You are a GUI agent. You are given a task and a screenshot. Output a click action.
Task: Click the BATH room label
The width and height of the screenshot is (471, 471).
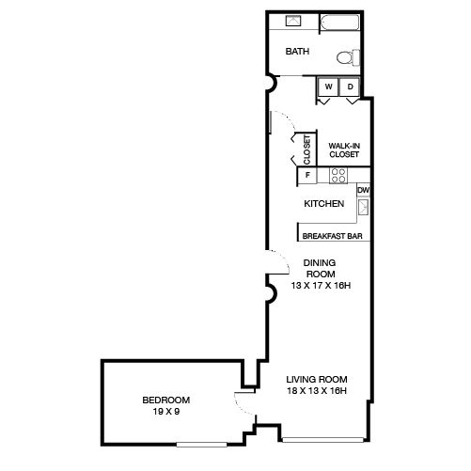[297, 51]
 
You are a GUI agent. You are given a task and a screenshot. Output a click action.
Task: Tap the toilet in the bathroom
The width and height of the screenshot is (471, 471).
[348, 57]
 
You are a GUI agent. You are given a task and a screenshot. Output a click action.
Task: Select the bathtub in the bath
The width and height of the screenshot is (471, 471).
[339, 23]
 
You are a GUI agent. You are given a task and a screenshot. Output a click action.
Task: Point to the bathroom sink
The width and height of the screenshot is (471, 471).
[293, 21]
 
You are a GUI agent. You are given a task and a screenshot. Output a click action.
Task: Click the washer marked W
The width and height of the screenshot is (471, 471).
[328, 86]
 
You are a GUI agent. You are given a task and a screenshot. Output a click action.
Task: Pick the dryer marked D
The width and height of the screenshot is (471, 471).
[350, 86]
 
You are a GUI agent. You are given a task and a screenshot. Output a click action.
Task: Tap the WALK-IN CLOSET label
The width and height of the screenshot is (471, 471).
[344, 150]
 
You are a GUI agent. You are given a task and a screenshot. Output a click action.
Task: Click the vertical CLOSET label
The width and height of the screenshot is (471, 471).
[306, 149]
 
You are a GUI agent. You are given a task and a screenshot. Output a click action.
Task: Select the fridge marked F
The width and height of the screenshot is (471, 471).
[307, 175]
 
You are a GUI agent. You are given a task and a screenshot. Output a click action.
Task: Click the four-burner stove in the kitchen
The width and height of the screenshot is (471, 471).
[338, 176]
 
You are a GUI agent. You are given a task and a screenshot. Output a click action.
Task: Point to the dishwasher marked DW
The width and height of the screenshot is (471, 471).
[364, 190]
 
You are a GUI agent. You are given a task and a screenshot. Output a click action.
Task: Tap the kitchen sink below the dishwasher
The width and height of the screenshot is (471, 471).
[364, 207]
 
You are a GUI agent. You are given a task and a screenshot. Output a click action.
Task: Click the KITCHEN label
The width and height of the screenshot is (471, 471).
[324, 204]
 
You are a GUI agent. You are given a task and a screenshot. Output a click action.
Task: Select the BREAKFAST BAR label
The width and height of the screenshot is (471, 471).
[332, 236]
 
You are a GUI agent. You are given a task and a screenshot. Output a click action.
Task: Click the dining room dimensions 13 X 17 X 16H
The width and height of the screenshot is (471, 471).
[321, 286]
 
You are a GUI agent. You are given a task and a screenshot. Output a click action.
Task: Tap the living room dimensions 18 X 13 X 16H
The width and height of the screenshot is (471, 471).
[317, 391]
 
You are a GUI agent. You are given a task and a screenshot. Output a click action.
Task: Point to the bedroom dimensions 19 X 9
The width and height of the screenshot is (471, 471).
[166, 412]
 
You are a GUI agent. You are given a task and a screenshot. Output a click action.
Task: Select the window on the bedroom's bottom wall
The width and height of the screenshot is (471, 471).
[201, 445]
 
